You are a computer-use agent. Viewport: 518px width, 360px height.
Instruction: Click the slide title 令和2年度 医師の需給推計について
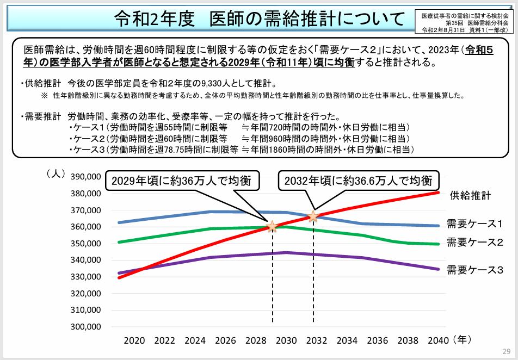pyautogui.click(x=260, y=19)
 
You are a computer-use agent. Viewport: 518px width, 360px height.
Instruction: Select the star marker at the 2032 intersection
pyautogui.click(x=313, y=216)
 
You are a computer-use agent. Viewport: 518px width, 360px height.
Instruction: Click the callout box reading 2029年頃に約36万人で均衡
pyautogui.click(x=182, y=182)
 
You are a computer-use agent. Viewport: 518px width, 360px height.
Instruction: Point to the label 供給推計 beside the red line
pyautogui.click(x=470, y=195)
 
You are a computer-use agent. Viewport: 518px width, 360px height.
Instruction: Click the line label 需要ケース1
pyautogui.click(x=474, y=224)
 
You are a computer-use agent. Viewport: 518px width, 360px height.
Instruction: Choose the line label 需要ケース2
pyautogui.click(x=474, y=242)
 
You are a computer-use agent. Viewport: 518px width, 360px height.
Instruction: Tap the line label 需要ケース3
pyautogui.click(x=474, y=269)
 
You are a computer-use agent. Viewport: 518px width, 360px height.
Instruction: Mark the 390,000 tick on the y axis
pyautogui.click(x=86, y=177)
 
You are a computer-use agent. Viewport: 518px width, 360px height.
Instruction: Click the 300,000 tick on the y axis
pyautogui.click(x=86, y=327)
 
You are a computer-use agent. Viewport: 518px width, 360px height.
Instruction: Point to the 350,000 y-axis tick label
pyautogui.click(x=86, y=244)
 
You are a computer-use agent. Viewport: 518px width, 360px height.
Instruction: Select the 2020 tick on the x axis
pyautogui.click(x=134, y=341)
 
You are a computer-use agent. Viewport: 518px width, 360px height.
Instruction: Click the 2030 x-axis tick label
pyautogui.click(x=286, y=341)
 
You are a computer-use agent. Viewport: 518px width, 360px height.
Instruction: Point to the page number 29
pyautogui.click(x=506, y=351)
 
